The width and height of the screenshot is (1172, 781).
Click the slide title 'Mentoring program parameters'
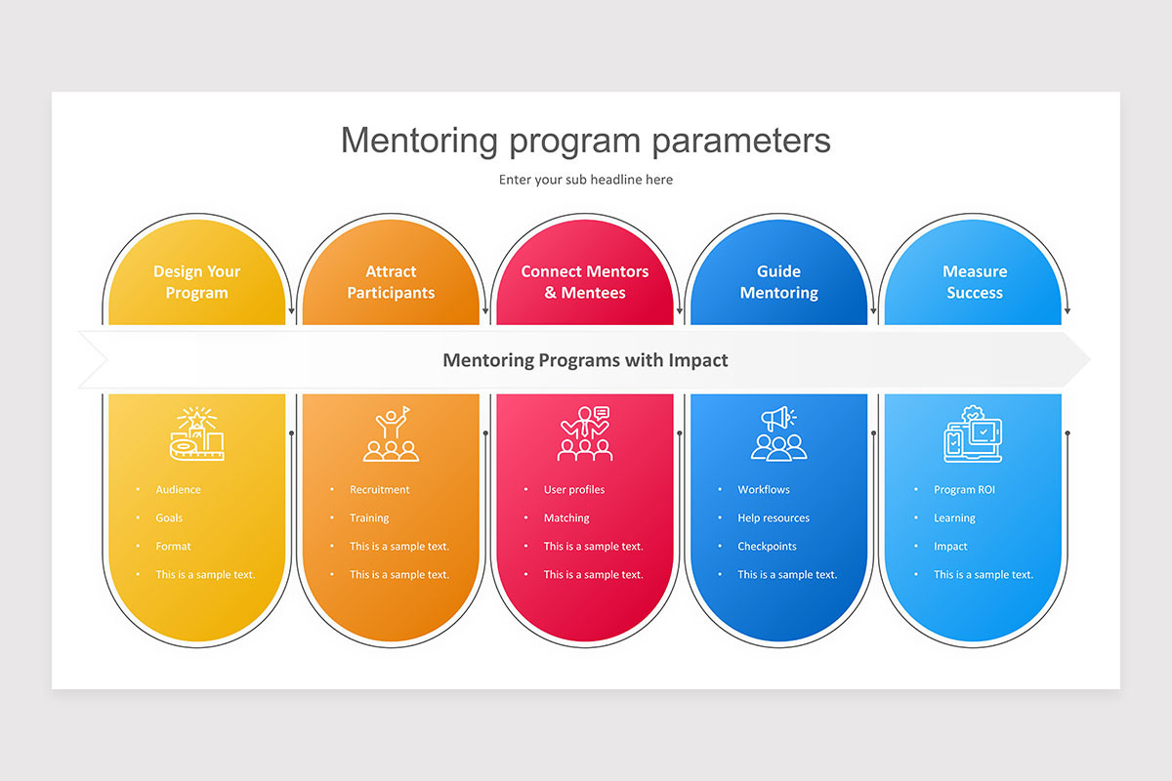(x=585, y=141)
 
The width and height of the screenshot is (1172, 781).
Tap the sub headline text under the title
(x=585, y=180)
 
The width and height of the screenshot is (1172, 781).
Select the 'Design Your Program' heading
(x=196, y=282)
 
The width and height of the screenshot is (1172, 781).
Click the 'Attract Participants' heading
(x=391, y=282)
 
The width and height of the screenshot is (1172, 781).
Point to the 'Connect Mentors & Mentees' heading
(x=585, y=282)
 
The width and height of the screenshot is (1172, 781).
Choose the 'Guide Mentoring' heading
(x=779, y=282)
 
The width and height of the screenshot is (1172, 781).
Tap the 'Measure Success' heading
(x=975, y=282)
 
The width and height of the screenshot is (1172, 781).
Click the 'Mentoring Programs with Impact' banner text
(x=585, y=360)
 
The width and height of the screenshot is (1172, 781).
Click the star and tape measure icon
(x=196, y=433)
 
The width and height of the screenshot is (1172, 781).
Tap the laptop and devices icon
(x=973, y=433)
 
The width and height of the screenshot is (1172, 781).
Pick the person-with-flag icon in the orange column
(x=391, y=433)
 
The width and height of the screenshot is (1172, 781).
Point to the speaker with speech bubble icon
(x=585, y=433)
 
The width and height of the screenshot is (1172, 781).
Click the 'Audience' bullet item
(x=178, y=490)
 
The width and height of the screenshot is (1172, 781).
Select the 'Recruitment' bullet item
(x=379, y=490)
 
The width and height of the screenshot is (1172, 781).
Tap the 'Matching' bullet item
(x=566, y=517)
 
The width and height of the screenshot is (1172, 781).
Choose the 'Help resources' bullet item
(x=774, y=517)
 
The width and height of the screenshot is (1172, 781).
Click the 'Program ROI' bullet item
(x=964, y=490)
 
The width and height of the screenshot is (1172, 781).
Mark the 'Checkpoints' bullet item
(x=767, y=546)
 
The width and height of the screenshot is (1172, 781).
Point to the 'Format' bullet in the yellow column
(x=173, y=546)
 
